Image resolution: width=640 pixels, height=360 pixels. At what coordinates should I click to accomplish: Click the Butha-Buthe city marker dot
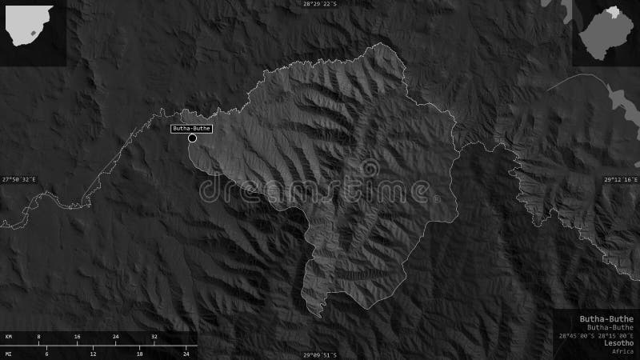192,138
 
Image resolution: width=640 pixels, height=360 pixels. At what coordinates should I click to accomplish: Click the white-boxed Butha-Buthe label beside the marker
191,128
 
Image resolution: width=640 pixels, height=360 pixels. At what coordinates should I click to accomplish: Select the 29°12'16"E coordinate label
621,179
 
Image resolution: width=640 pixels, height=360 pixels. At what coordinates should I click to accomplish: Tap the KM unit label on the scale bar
8,337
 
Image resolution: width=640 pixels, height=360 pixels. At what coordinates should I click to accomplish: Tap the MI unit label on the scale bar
8,353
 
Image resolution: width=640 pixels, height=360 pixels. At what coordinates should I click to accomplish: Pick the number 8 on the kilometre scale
38,337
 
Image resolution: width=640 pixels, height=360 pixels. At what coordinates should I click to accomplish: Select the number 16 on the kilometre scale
77,337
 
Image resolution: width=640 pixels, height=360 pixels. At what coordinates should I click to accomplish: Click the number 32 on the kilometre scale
154,337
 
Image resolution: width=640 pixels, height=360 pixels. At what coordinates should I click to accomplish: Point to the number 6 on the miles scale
46,353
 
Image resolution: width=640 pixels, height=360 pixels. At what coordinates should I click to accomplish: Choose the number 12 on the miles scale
93,353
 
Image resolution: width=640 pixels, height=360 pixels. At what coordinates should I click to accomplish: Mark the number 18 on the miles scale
139,353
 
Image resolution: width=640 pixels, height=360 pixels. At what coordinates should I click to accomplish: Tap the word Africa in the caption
622,351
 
